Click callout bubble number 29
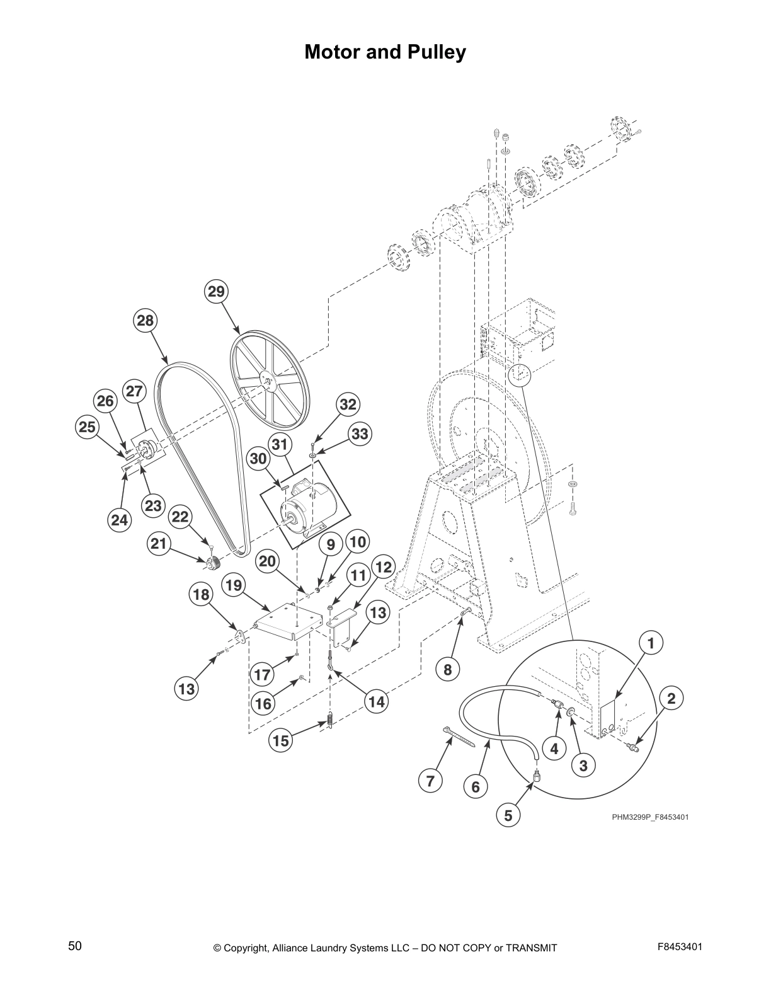[216, 292]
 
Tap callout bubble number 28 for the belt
[145, 321]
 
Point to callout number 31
[280, 445]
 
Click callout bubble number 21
[159, 542]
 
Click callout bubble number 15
[281, 741]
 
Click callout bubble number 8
[447, 669]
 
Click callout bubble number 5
[508, 815]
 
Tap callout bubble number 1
[651, 643]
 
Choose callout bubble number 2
[671, 698]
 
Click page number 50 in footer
[75, 946]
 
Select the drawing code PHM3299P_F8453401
[650, 817]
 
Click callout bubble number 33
[359, 434]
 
